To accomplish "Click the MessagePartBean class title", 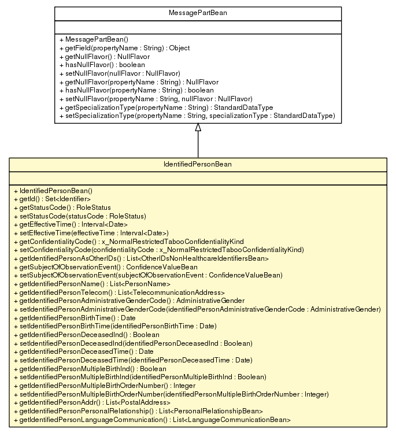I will tap(198, 13).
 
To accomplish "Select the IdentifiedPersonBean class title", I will tap(198, 165).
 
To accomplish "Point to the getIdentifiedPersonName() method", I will tap(95, 284).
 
